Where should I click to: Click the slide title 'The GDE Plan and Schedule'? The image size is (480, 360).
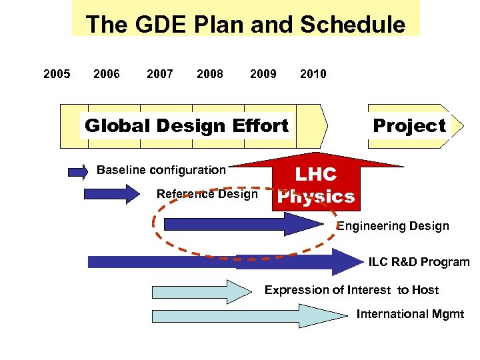click(x=245, y=25)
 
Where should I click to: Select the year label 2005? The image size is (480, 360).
click(x=57, y=74)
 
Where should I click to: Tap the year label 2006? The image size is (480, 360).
click(x=107, y=74)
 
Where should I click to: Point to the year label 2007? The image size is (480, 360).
click(x=159, y=74)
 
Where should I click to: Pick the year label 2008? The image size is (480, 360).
click(x=210, y=74)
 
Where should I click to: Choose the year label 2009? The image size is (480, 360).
click(x=263, y=74)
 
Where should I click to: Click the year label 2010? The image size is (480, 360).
click(x=313, y=74)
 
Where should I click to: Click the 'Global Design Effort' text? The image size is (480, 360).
click(x=187, y=125)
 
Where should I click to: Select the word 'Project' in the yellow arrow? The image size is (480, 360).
click(x=409, y=125)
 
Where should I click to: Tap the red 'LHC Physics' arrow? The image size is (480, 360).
click(x=316, y=183)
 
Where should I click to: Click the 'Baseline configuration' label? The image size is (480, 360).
click(x=161, y=170)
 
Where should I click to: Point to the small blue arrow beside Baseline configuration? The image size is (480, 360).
click(x=78, y=171)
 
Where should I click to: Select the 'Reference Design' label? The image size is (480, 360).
click(x=207, y=194)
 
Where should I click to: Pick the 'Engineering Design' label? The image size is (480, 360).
click(x=393, y=226)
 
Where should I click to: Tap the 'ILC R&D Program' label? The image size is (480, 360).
click(x=419, y=262)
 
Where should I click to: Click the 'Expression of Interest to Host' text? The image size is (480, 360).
click(x=351, y=290)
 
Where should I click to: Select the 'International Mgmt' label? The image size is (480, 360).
click(x=410, y=314)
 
